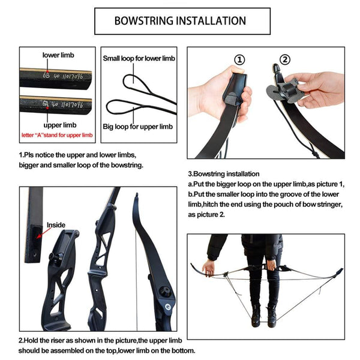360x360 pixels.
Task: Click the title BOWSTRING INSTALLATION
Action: (x=180, y=20)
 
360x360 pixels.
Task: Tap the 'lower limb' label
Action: (x=58, y=55)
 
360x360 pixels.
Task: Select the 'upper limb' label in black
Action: (x=60, y=125)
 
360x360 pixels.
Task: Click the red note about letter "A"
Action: (x=57, y=135)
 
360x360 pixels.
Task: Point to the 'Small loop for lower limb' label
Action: (x=139, y=58)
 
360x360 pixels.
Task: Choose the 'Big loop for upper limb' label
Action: (x=138, y=127)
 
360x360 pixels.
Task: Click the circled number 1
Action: (x=239, y=60)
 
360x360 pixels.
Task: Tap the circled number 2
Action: (x=285, y=59)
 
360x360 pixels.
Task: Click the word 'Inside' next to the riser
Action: (x=56, y=225)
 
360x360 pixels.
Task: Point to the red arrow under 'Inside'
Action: (x=43, y=233)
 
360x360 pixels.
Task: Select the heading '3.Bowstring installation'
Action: (x=224, y=174)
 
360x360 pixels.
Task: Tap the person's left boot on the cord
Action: (x=271, y=316)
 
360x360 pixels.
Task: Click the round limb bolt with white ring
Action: (x=168, y=307)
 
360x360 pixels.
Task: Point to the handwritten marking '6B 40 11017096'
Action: (x=62, y=76)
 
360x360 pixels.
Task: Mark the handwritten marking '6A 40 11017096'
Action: (x=62, y=104)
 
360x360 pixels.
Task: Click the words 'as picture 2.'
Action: (x=206, y=214)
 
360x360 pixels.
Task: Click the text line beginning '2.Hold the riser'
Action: (x=100, y=340)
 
